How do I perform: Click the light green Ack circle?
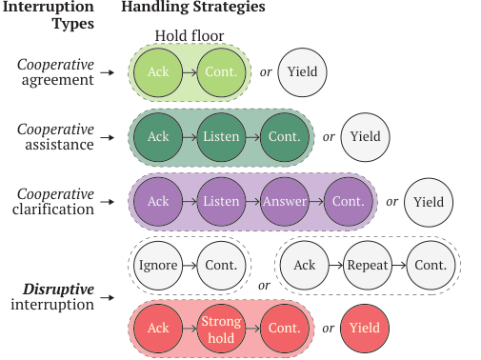(x=158, y=72)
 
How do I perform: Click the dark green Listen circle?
(x=222, y=137)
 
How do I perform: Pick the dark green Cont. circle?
(x=285, y=137)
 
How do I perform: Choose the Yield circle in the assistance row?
(x=365, y=137)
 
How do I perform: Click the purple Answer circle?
(x=285, y=202)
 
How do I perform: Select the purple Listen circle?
(x=222, y=202)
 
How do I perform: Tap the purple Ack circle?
(x=158, y=202)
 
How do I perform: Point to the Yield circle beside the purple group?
(x=428, y=202)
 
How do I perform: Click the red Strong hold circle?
(x=222, y=328)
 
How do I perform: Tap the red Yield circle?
(x=365, y=328)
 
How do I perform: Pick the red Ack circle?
(x=158, y=328)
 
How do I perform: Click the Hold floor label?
(x=190, y=37)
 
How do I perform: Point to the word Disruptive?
(x=59, y=289)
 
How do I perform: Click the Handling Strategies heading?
(x=192, y=9)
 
